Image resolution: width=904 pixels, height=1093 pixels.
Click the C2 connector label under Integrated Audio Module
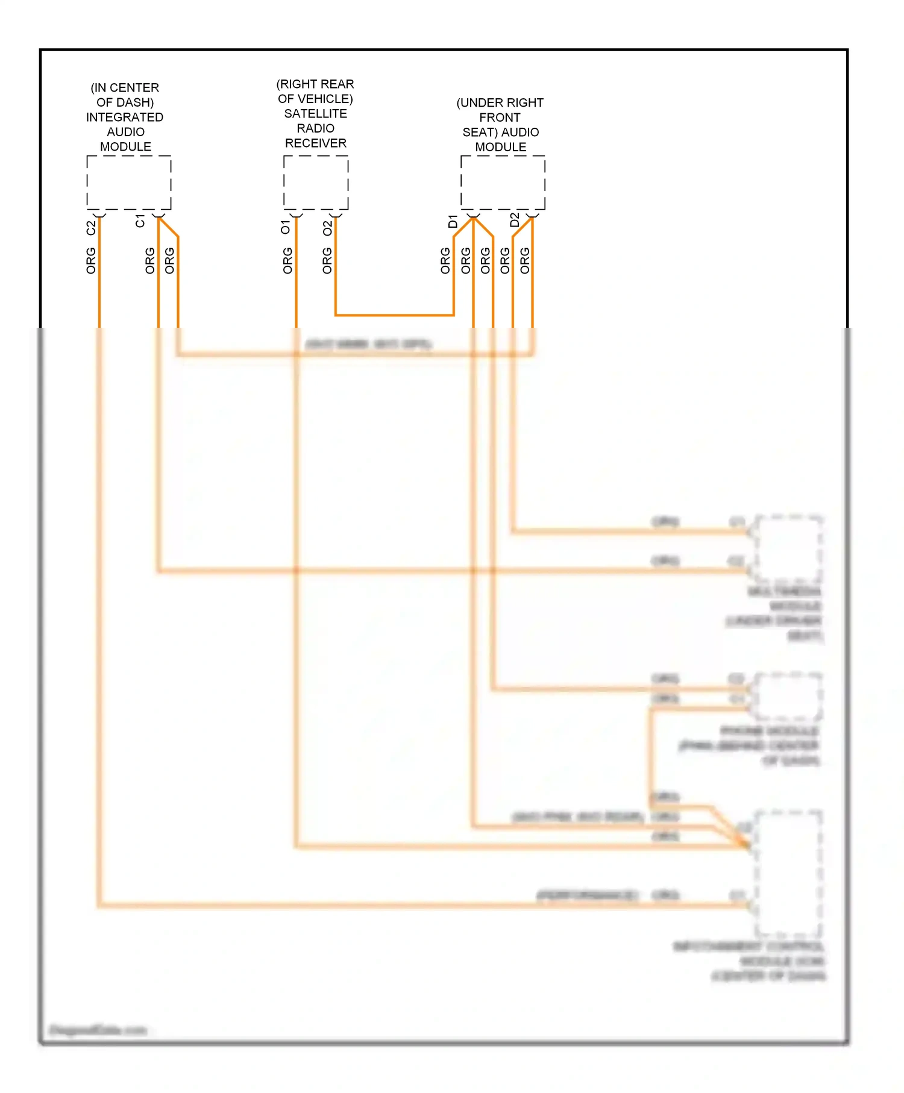pyautogui.click(x=91, y=228)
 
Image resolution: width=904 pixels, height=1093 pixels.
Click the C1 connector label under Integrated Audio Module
pyautogui.click(x=140, y=221)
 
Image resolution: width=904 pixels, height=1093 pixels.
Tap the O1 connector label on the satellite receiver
pyautogui.click(x=286, y=227)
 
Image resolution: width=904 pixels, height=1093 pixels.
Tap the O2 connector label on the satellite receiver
pyautogui.click(x=327, y=228)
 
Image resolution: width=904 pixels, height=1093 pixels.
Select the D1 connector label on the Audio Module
pyautogui.click(x=453, y=221)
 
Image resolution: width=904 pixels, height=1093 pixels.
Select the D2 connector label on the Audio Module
pyautogui.click(x=514, y=220)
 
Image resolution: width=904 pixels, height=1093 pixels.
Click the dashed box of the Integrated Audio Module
pyautogui.click(x=129, y=183)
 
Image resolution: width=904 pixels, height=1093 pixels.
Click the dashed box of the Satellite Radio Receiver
pyautogui.click(x=316, y=183)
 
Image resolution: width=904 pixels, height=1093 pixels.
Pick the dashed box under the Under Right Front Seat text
pyautogui.click(x=503, y=183)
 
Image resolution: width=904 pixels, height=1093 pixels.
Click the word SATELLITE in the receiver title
pyautogui.click(x=315, y=113)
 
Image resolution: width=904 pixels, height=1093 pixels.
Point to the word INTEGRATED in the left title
pyautogui.click(x=125, y=117)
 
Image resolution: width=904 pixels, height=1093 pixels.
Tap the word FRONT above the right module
pyautogui.click(x=500, y=117)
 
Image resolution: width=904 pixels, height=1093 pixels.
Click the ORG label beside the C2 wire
pyautogui.click(x=91, y=260)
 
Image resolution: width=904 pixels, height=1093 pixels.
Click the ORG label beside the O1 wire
pyautogui.click(x=287, y=260)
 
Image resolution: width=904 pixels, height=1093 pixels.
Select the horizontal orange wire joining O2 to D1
pyautogui.click(x=395, y=315)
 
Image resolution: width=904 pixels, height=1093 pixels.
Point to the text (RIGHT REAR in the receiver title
pyautogui.click(x=315, y=84)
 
